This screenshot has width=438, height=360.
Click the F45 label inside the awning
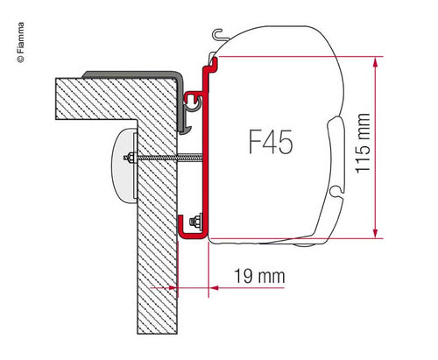tap(271, 142)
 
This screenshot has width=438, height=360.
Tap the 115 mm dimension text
tap(364, 143)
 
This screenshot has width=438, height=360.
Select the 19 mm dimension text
tap(259, 276)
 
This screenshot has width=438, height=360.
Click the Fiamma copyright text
tap(21, 42)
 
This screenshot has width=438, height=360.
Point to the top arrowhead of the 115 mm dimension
tap(375, 62)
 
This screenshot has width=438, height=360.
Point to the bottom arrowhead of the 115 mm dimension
tap(375, 233)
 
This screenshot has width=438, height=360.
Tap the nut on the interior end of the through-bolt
tap(129, 158)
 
